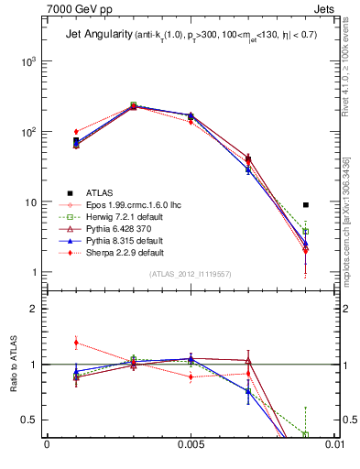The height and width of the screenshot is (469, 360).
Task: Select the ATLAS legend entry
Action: [101, 192]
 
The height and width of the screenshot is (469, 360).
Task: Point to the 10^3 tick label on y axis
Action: [27, 61]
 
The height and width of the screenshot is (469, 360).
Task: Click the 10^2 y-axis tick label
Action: [27, 132]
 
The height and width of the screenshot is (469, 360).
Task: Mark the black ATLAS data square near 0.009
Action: [306, 205]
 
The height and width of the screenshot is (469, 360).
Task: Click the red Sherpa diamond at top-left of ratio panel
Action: [76, 343]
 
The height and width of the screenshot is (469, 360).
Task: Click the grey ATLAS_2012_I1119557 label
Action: [190, 274]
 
